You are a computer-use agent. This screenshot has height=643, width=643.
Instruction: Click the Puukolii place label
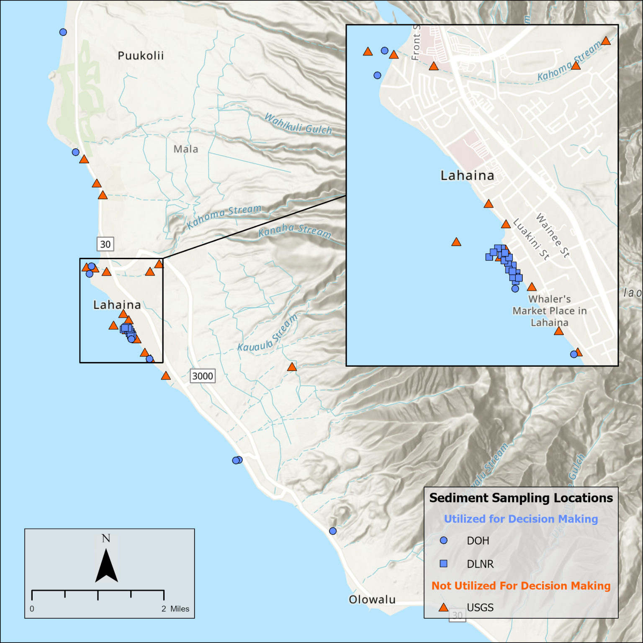(141, 56)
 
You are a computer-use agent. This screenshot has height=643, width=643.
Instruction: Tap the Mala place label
(186, 149)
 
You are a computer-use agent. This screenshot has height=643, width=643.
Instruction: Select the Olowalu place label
(372, 599)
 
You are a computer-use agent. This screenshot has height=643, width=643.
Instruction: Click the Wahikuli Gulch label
(298, 124)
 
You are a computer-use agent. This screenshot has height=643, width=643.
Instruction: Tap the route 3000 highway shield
(203, 376)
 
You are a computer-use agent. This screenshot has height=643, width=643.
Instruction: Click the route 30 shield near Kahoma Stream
(105, 244)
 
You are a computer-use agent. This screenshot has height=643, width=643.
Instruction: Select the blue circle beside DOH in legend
(444, 540)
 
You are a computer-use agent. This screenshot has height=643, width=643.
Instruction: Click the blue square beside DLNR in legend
(444, 563)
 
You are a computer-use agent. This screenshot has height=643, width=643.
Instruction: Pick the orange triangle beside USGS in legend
(443, 607)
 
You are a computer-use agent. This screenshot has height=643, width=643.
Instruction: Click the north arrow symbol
(106, 565)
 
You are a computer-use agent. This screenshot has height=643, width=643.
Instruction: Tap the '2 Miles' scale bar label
(175, 609)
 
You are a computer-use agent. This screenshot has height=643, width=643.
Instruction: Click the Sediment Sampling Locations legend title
(521, 498)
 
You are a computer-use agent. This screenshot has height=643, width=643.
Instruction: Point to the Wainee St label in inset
(553, 235)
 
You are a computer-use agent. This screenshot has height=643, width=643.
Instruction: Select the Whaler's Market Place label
(550, 311)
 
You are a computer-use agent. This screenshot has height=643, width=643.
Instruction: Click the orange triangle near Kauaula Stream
(292, 367)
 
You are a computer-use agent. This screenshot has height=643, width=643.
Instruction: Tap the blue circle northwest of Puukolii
(63, 32)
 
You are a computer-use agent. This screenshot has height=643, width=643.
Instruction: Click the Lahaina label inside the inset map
(467, 175)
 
